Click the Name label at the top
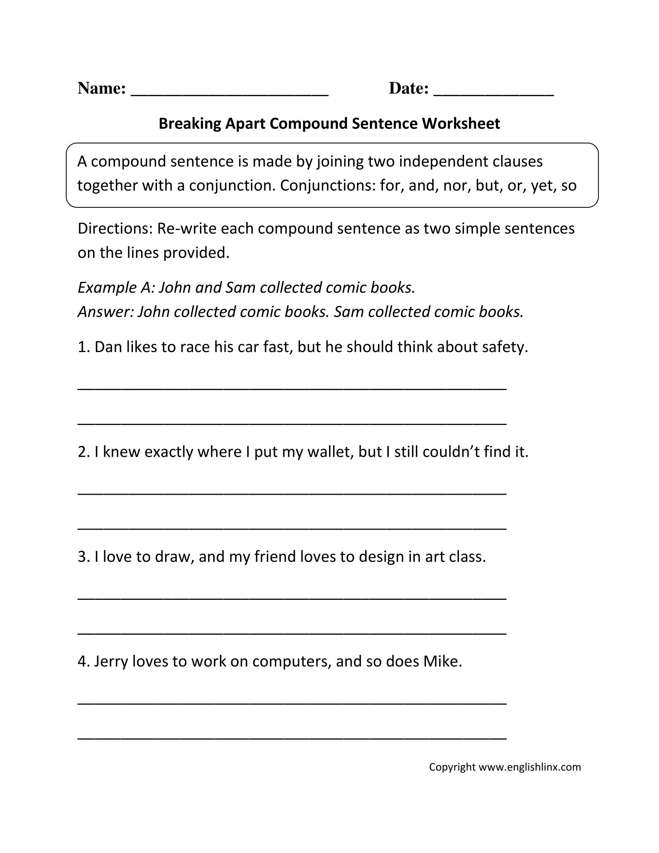click(101, 88)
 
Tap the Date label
click(408, 88)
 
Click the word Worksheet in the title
click(461, 124)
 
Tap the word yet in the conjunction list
click(543, 185)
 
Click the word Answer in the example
click(105, 312)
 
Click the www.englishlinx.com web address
click(530, 767)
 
